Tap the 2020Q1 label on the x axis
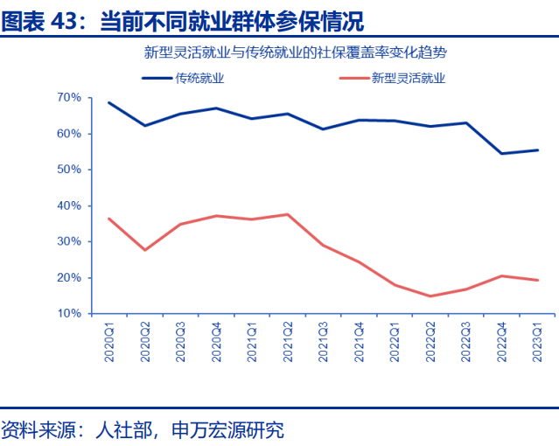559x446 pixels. (x=109, y=340)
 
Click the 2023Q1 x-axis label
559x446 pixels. (x=537, y=340)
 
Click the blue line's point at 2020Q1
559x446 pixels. (x=108, y=102)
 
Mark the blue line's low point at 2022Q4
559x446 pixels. (x=501, y=153)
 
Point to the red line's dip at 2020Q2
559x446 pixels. (x=144, y=250)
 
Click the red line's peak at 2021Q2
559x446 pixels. (x=287, y=214)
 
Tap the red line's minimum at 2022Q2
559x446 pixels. (x=430, y=296)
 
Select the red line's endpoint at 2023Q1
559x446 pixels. (x=537, y=280)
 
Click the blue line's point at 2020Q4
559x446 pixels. (x=216, y=108)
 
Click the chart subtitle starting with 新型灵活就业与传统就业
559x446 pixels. (x=302, y=52)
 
